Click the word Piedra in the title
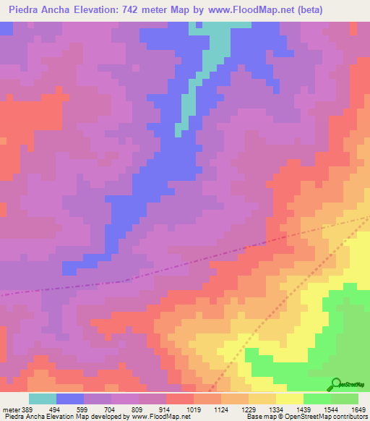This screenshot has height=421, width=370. (x=24, y=10)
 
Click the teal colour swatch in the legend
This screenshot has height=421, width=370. (x=43, y=399)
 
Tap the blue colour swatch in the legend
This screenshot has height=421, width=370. (x=70, y=399)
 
